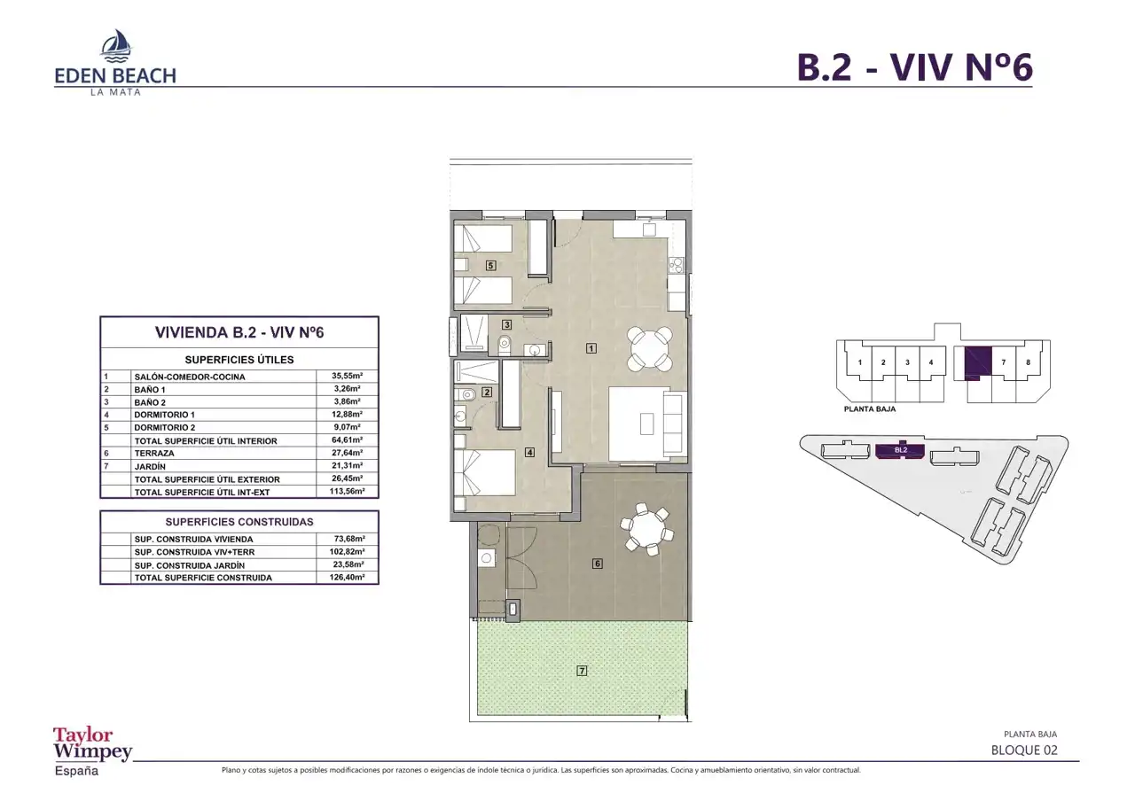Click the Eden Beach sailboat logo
click(x=116, y=45)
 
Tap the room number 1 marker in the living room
click(x=591, y=348)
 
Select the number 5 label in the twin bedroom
click(x=490, y=265)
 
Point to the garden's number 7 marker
click(x=582, y=671)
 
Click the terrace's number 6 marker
click(x=598, y=563)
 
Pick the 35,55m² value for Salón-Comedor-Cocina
click(x=347, y=376)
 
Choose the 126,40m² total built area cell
click(x=347, y=577)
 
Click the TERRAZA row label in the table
click(x=154, y=453)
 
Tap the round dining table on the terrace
click(x=647, y=530)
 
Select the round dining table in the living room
click(x=650, y=348)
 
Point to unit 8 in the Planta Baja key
click(x=1028, y=362)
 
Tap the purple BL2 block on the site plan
click(x=900, y=450)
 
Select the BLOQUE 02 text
click(x=1024, y=750)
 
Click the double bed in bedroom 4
click(x=484, y=472)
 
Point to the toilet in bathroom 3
click(x=505, y=345)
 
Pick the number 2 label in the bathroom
click(x=487, y=392)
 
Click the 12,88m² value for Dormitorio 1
click(x=347, y=414)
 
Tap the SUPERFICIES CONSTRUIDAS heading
click(x=239, y=522)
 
